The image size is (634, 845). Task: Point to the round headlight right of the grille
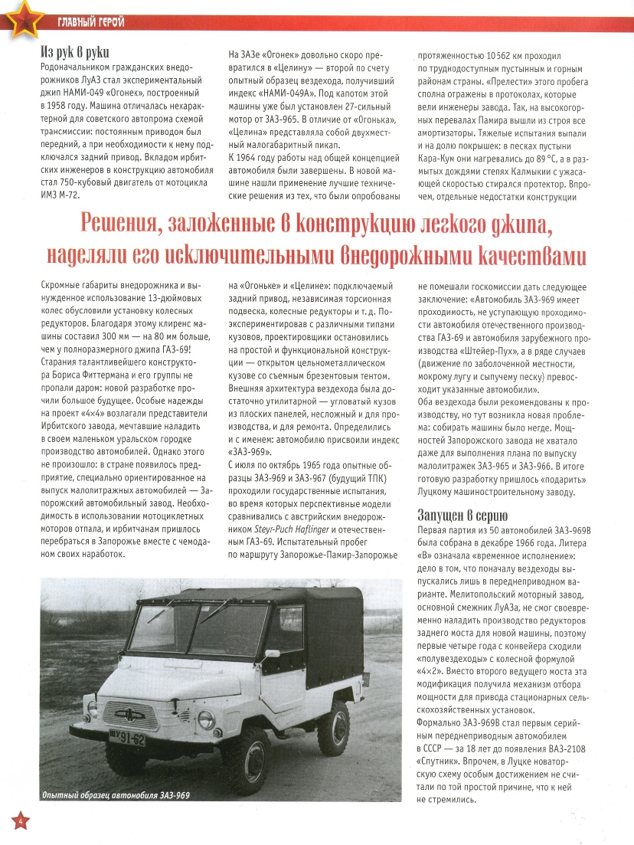tap(205, 719)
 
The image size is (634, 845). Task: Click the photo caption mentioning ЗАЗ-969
tap(115, 794)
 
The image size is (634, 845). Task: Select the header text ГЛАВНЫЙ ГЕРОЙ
tap(91, 21)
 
